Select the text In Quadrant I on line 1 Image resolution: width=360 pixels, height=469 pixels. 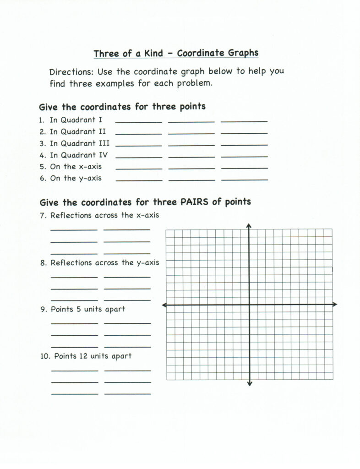click(x=76, y=120)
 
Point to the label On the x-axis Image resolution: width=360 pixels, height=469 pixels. click(x=76, y=167)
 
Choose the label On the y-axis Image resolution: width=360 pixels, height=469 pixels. click(x=76, y=178)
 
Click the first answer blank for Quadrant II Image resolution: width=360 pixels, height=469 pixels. click(x=138, y=133)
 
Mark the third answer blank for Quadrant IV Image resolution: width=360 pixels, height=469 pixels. click(x=244, y=156)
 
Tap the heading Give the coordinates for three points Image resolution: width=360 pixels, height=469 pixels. click(x=122, y=107)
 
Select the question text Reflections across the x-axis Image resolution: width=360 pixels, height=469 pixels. click(x=104, y=215)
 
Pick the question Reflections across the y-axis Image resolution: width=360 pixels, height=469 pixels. click(x=105, y=263)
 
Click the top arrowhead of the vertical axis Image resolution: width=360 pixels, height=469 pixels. click(x=249, y=225)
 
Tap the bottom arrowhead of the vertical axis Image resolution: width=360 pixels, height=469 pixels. click(x=249, y=383)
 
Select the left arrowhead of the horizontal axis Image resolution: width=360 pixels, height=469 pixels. click(x=165, y=305)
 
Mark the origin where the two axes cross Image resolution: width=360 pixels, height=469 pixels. click(x=249, y=305)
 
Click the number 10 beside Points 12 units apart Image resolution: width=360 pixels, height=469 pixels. click(x=44, y=356)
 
